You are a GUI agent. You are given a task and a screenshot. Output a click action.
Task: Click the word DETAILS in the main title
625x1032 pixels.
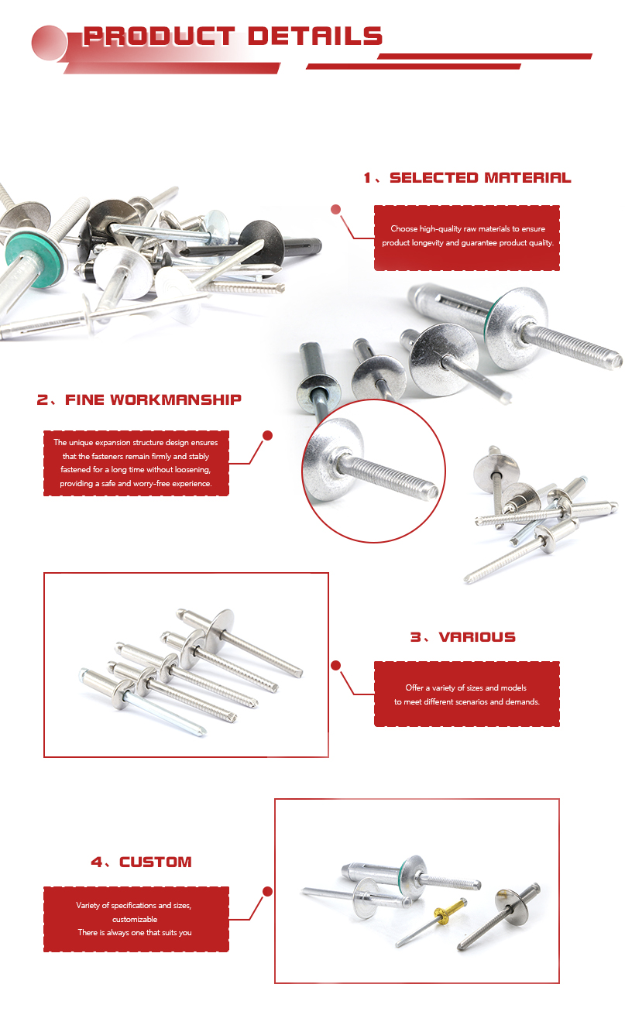(315, 36)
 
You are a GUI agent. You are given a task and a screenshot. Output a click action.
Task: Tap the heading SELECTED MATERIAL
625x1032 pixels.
(480, 178)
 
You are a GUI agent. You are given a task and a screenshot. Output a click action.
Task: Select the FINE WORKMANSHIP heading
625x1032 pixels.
(153, 400)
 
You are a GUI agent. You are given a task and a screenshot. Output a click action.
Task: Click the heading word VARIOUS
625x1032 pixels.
(477, 637)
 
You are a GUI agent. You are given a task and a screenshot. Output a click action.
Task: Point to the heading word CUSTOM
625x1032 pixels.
(156, 862)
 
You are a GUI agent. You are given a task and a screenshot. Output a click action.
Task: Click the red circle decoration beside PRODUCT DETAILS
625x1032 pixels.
(49, 43)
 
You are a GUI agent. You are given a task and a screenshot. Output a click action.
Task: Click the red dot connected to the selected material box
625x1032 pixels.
(335, 210)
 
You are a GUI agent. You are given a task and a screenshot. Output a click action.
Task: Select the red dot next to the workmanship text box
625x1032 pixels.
(267, 435)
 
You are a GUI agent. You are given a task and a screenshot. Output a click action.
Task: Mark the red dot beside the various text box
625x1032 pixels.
(335, 665)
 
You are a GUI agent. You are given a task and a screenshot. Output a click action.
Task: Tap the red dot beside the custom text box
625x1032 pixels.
(267, 891)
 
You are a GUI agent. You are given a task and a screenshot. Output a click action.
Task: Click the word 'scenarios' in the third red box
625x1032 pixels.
(469, 702)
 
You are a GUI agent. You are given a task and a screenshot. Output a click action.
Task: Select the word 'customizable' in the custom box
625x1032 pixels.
(135, 919)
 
